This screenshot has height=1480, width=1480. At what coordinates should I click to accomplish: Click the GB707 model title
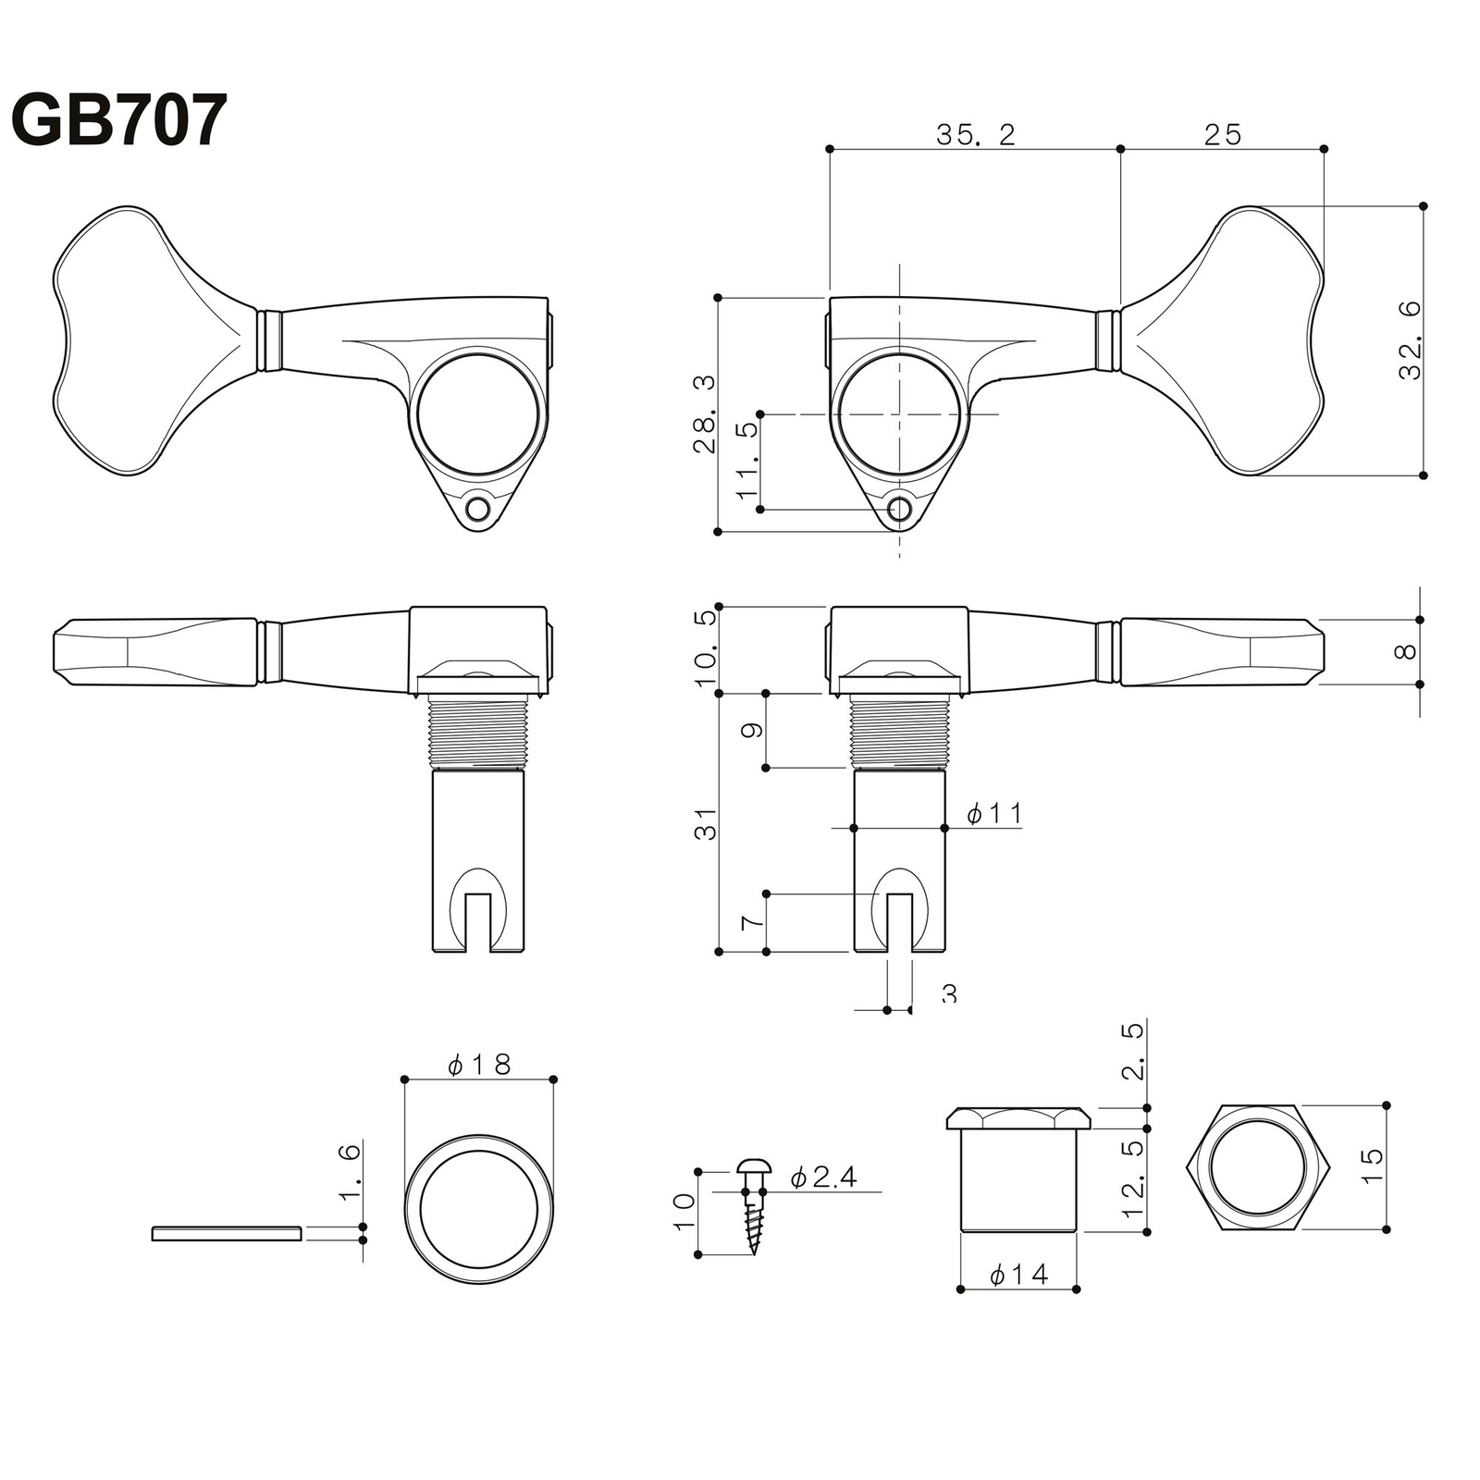click(x=118, y=120)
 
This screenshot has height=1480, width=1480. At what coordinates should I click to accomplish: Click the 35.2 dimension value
click(x=976, y=135)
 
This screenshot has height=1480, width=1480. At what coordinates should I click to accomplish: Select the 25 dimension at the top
click(x=1222, y=135)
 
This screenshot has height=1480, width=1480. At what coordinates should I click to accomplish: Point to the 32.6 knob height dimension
click(x=1410, y=340)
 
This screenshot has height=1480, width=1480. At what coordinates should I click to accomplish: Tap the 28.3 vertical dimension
click(x=705, y=413)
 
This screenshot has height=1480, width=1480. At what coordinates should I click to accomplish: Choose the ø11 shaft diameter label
click(x=994, y=813)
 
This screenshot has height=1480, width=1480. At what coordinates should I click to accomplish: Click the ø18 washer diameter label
click(x=479, y=1065)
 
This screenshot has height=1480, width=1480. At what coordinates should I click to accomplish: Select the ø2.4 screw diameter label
click(x=823, y=1177)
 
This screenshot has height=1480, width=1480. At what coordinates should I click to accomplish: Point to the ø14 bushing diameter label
click(x=1018, y=1275)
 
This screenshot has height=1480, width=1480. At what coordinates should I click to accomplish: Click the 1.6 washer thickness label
click(x=350, y=1171)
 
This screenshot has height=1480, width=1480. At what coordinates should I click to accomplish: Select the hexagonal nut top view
click(x=1257, y=1166)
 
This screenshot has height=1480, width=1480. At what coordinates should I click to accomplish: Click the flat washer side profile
click(x=227, y=1232)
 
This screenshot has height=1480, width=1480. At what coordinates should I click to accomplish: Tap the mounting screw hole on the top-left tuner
click(x=478, y=509)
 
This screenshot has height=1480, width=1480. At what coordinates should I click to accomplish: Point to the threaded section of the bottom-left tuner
click(x=478, y=733)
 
